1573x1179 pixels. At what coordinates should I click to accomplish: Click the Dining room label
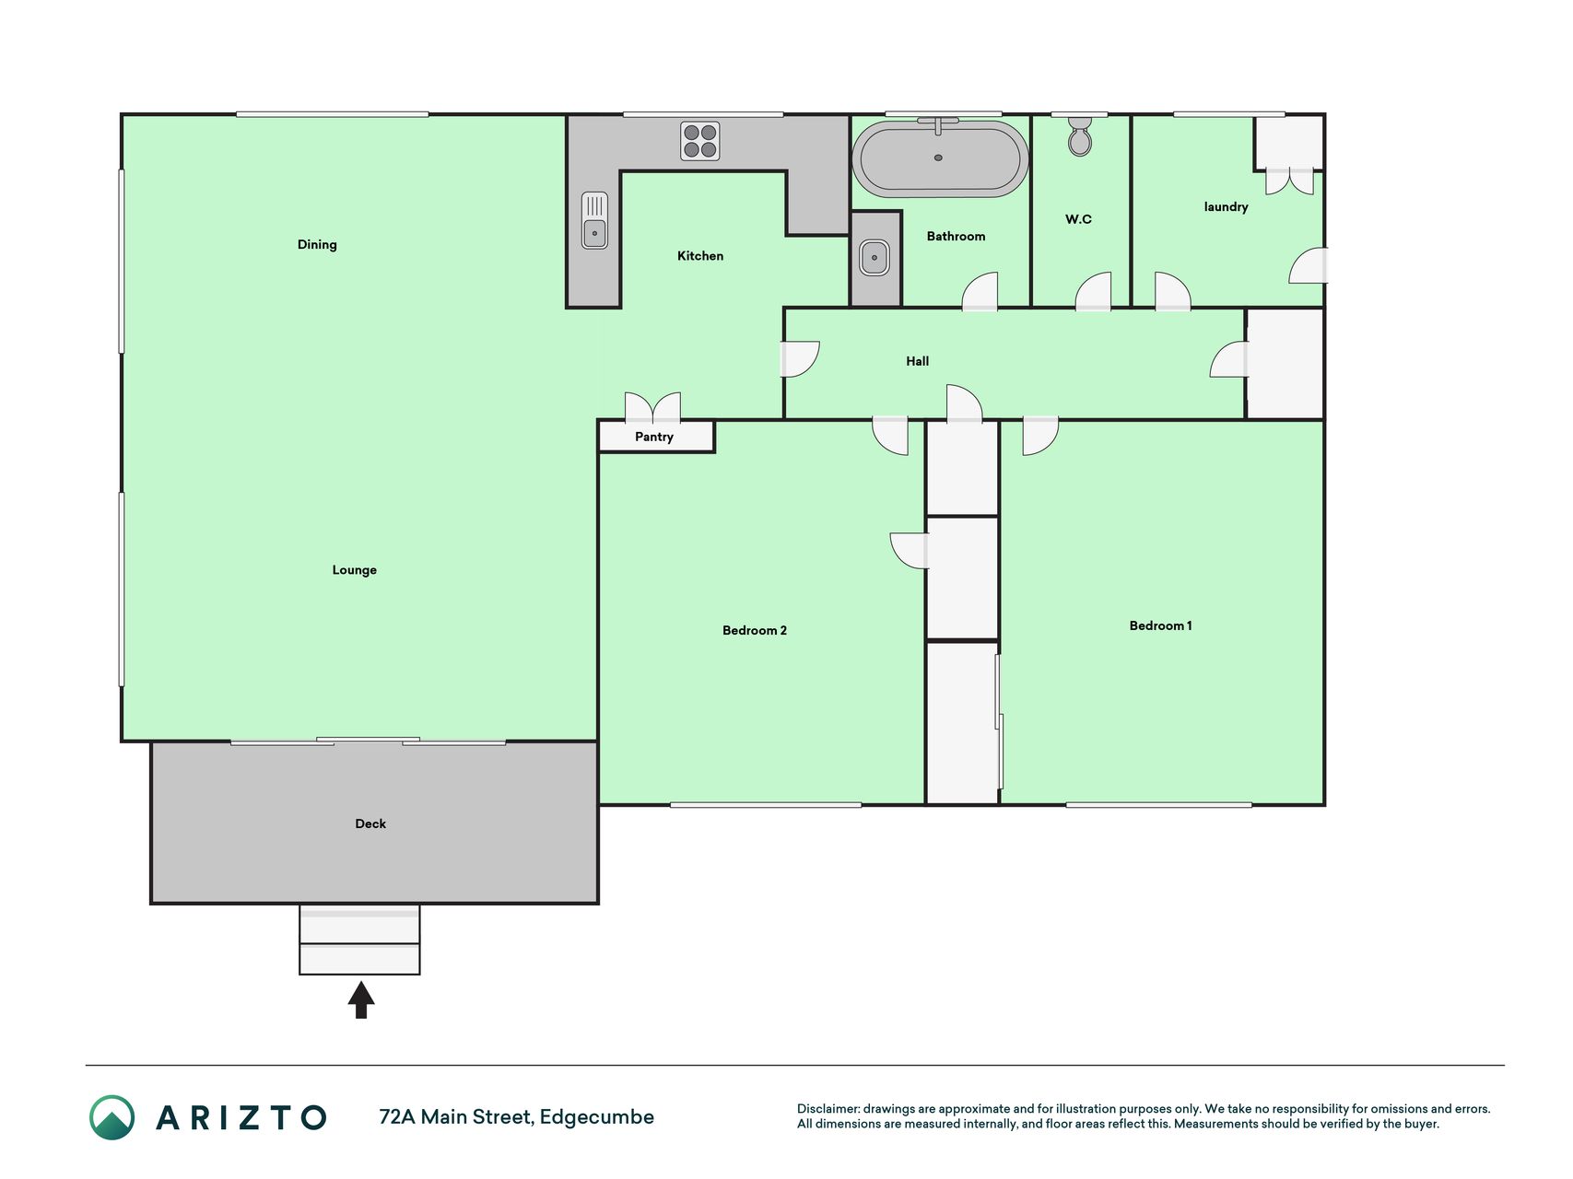[317, 244]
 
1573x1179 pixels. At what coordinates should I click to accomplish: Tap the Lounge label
[355, 570]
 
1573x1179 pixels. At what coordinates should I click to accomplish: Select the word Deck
[370, 823]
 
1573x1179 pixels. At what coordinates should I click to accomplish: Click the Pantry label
[654, 437]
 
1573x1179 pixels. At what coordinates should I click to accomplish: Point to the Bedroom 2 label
[755, 630]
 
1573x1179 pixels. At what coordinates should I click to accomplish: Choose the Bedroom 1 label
[1161, 625]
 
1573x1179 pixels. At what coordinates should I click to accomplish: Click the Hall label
[918, 361]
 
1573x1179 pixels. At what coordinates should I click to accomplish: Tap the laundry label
[1227, 206]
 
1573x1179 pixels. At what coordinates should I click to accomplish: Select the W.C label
[1079, 219]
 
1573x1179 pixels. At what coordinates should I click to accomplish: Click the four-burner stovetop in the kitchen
[700, 141]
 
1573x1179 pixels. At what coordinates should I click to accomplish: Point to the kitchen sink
[595, 220]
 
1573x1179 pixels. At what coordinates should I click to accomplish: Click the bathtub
[940, 158]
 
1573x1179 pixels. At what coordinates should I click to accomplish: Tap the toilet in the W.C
[1080, 134]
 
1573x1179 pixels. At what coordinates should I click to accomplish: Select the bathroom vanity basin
[875, 258]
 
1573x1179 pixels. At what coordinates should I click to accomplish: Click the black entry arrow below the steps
[361, 999]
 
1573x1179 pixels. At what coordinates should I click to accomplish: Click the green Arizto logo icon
[112, 1117]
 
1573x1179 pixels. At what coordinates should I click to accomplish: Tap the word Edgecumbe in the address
[597, 1117]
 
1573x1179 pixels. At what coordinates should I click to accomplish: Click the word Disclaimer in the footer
[828, 1109]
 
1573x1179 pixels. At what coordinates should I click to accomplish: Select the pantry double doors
[653, 406]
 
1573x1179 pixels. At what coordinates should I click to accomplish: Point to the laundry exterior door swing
[1308, 265]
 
